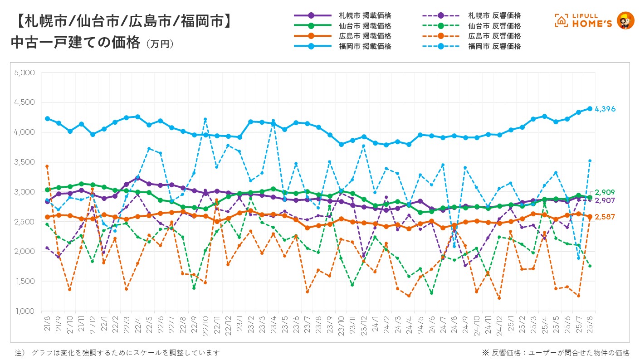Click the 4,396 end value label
[x=605, y=109]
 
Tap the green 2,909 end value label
[x=605, y=192]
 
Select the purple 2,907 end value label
[x=605, y=200]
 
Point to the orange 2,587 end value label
[x=605, y=217]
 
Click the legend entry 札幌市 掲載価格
[x=365, y=15]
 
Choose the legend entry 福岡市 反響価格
[x=494, y=46]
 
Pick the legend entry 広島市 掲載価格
[x=365, y=36]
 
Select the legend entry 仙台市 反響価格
[x=494, y=26]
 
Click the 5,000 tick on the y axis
[x=25, y=73]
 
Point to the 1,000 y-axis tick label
[x=25, y=311]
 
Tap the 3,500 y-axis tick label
[x=25, y=162]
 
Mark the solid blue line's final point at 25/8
[x=590, y=108]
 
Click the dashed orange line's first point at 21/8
[x=47, y=166]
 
